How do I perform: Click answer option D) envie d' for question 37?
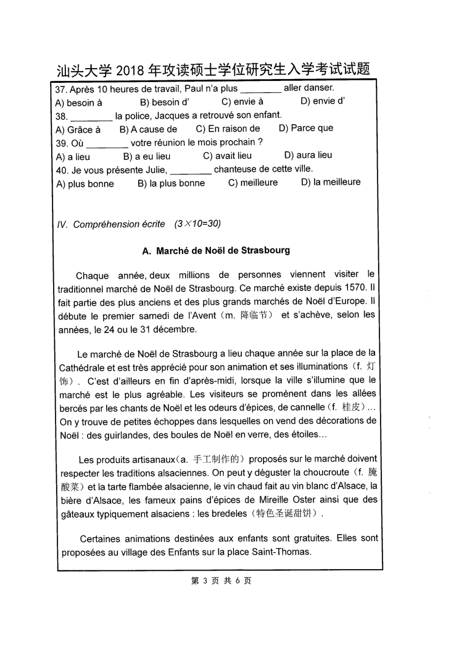click(322, 101)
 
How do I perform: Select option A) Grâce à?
click(78, 130)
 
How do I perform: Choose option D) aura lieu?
click(308, 155)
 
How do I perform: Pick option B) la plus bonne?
click(171, 183)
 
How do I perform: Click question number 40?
click(62, 170)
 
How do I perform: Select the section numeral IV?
click(62, 225)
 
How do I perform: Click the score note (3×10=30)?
click(198, 224)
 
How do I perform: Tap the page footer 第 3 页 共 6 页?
click(221, 581)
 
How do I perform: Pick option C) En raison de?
click(228, 129)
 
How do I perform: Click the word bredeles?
click(229, 514)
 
